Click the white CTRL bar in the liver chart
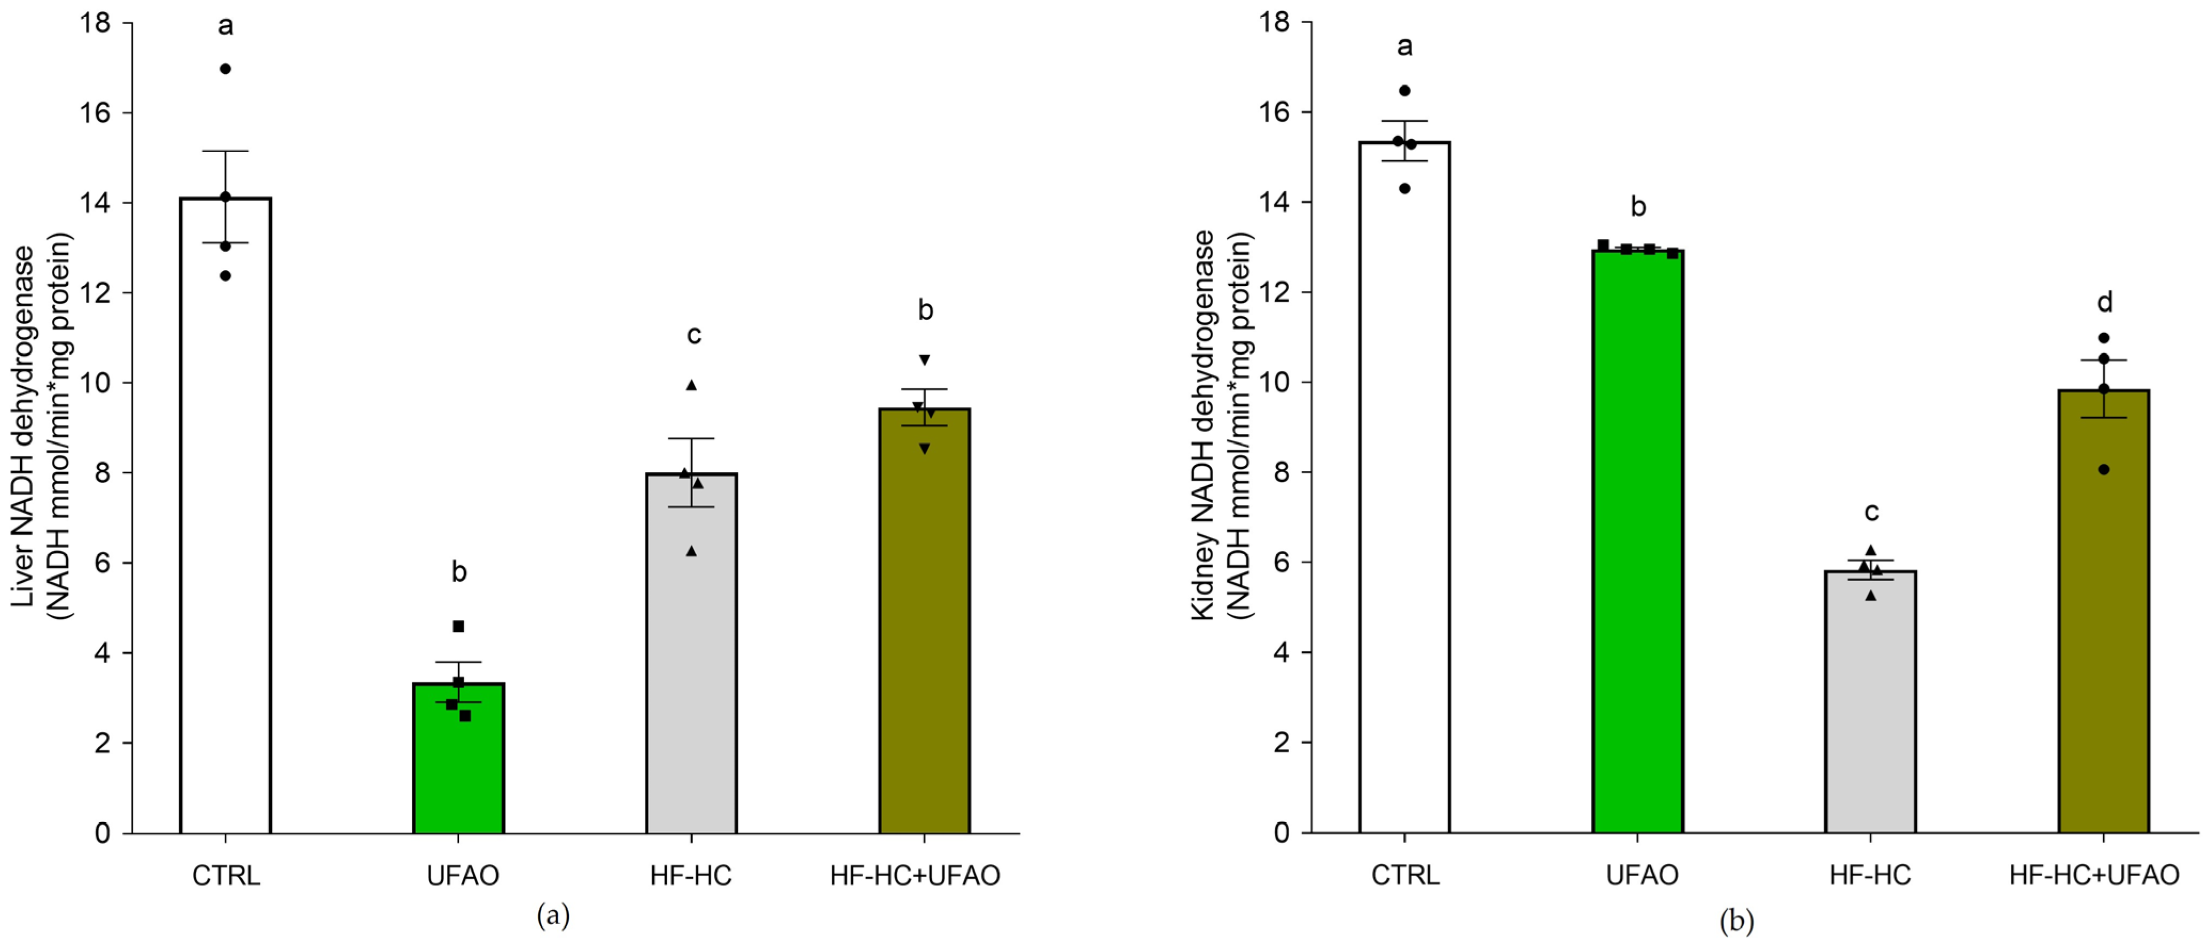[x=225, y=514]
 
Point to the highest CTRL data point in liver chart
[x=225, y=68]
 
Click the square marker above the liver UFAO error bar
[x=459, y=627]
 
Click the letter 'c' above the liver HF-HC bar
[x=694, y=334]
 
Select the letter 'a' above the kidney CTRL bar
[x=1404, y=46]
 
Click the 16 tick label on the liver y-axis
[x=96, y=113]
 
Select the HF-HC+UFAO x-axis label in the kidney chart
[x=2094, y=876]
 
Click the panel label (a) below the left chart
[x=552, y=916]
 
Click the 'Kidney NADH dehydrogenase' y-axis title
[x=1204, y=425]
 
